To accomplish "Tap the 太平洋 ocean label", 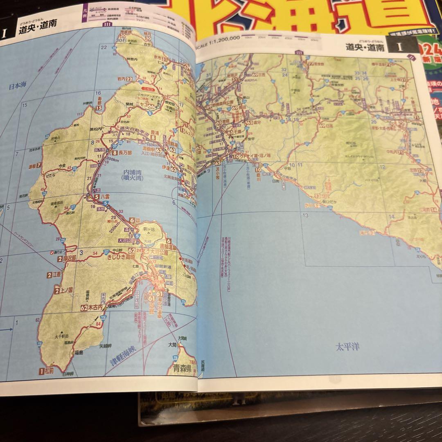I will (x=347, y=348).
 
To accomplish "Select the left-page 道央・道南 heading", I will (x=37, y=30).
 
